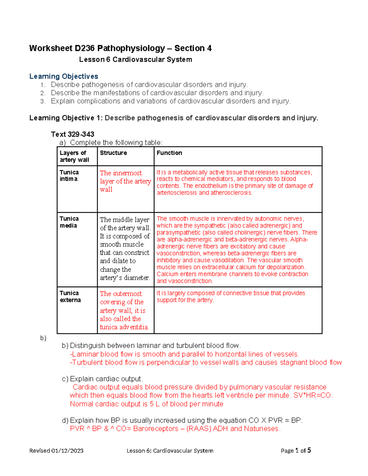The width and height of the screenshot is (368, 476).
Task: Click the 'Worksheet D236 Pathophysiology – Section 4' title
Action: pos(120,48)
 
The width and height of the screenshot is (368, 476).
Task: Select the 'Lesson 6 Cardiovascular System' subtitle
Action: pos(136,60)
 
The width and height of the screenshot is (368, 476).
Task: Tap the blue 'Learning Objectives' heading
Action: pos(64,76)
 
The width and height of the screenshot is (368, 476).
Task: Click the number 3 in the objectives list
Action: pos(42,101)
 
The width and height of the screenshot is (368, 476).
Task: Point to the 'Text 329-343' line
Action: pos(72,134)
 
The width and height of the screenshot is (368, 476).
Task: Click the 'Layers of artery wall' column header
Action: pos(74,156)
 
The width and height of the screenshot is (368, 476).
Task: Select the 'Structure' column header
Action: pos(113,153)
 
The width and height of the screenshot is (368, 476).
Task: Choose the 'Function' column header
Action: pos(169,153)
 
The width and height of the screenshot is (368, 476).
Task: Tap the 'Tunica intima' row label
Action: pos(69,176)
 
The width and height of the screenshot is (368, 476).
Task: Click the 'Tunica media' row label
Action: pos(69,222)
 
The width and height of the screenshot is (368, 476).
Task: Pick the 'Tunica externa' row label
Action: pos(70,296)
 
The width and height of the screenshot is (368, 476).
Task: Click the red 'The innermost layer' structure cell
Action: pos(125,181)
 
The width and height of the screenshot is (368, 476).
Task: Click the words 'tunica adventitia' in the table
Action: pos(124,327)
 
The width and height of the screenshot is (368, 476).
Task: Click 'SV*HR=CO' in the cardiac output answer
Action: pos(312,395)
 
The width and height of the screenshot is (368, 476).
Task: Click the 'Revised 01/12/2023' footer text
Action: pos(56,451)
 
